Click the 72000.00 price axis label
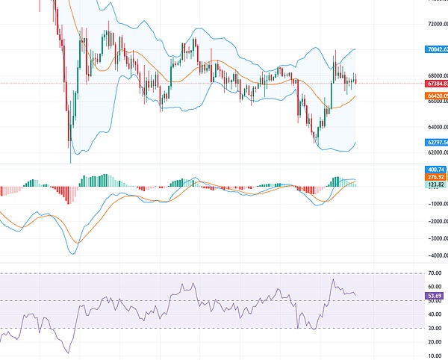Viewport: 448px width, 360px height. click(436, 24)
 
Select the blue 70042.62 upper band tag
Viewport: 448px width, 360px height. click(436, 49)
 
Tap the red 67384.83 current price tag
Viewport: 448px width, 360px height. click(436, 84)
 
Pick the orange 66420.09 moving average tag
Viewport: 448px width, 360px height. click(436, 96)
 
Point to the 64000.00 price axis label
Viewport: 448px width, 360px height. click(436, 126)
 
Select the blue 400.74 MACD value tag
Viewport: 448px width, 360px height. click(436, 170)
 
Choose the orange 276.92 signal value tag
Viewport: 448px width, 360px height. click(436, 177)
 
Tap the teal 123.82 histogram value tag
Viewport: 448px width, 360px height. click(436, 184)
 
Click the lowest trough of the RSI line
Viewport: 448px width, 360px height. click(69, 353)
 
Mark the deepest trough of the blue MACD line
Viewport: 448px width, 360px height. click(72, 254)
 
